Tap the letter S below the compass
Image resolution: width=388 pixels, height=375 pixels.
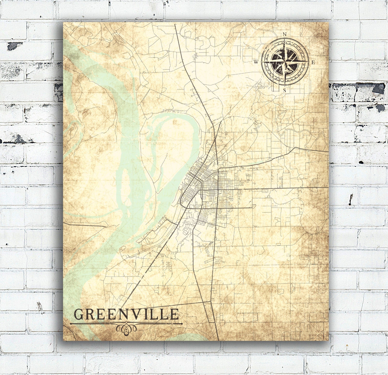tap(285, 90)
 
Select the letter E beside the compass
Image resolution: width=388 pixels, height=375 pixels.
tap(313, 62)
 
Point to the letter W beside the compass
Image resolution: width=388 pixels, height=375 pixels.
tap(256, 62)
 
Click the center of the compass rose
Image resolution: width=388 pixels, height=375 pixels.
tap(285, 62)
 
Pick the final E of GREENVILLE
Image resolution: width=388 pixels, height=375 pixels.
tap(175, 315)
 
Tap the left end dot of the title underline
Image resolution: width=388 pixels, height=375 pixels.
tap(71, 323)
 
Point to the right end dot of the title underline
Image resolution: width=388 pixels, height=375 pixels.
tap(182, 323)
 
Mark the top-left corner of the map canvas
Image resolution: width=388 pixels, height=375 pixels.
tap(64, 22)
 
